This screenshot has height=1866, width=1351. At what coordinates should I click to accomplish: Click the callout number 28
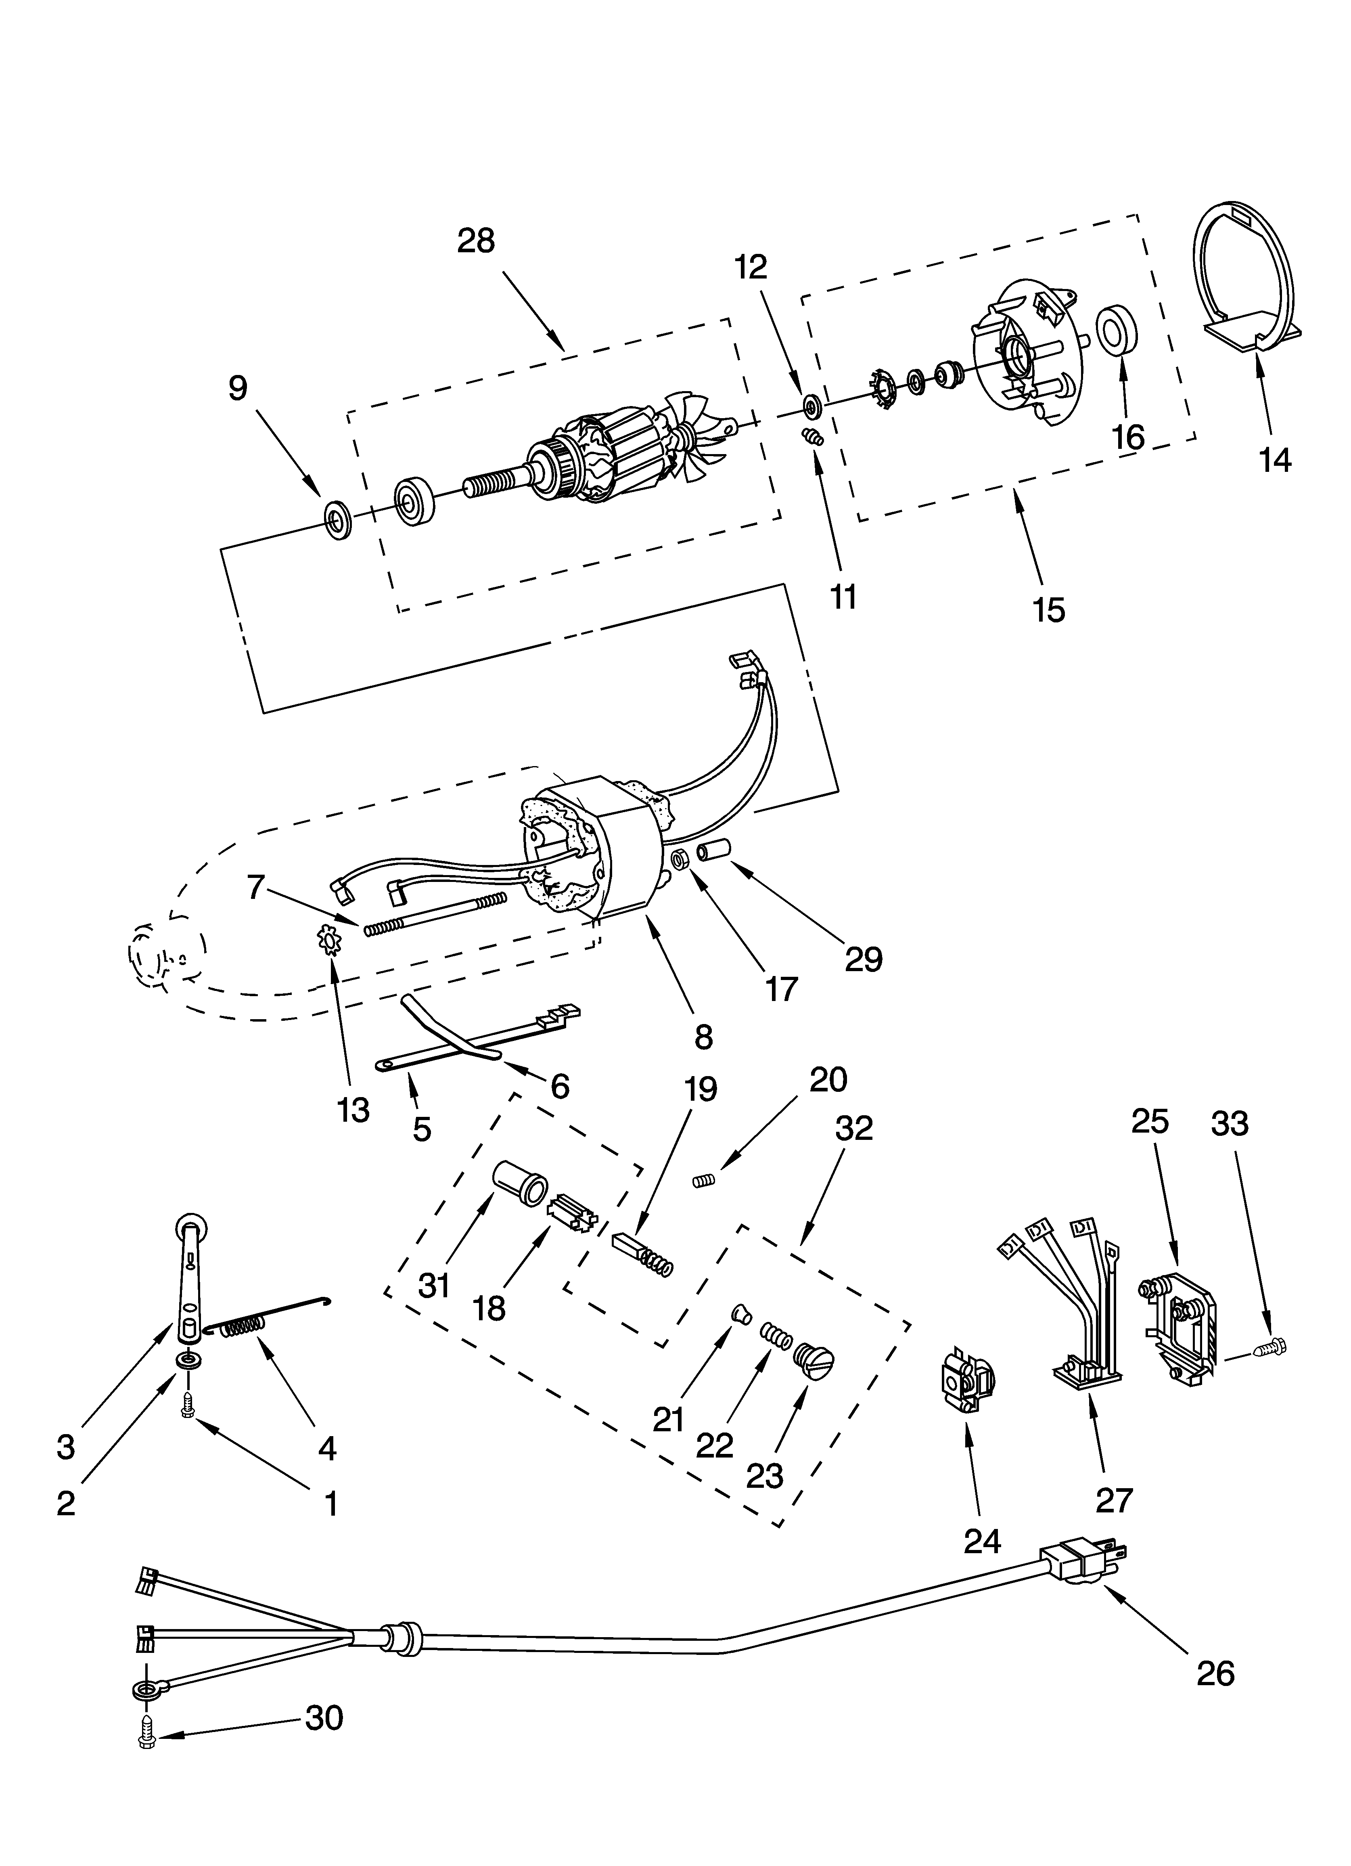pos(477,241)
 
